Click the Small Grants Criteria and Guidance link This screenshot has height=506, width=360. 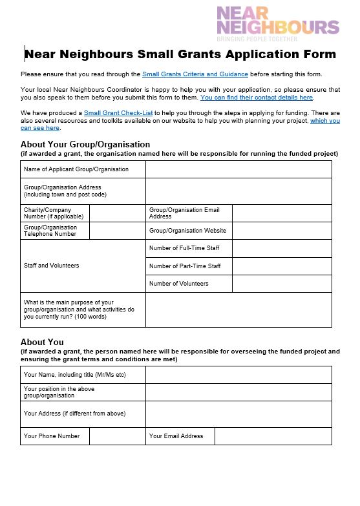tap(195, 74)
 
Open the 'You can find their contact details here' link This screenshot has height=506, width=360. tap(257, 98)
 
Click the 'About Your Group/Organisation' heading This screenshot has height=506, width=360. tap(85, 144)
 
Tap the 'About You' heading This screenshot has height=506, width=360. tap(42, 342)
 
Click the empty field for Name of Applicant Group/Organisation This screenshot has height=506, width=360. tap(238, 169)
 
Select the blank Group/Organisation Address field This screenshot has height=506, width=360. tap(238, 191)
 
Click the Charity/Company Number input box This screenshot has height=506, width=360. tap(117, 213)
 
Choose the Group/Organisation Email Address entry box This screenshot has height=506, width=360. tap(281, 213)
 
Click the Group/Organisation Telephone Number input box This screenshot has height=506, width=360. tap(117, 231)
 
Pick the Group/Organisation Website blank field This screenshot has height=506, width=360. tap(281, 231)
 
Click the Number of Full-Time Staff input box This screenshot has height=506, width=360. tap(281, 248)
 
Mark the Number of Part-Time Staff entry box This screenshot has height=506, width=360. tap(281, 266)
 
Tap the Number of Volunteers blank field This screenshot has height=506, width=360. tap(281, 284)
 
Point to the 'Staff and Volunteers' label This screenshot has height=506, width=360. tap(52, 266)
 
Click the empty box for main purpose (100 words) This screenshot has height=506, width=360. tap(238, 310)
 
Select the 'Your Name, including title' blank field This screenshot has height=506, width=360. tap(238, 375)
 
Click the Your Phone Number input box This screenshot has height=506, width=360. tap(117, 436)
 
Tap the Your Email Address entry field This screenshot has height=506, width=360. tap(273, 436)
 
